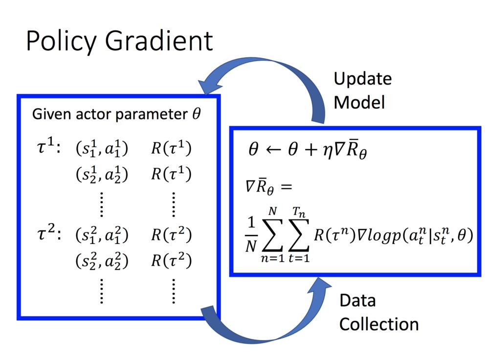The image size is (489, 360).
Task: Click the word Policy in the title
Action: (61, 41)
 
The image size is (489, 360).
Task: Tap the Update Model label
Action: (362, 90)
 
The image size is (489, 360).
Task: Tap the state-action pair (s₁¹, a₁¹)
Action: (102, 150)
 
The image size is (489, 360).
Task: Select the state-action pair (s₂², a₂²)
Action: (102, 261)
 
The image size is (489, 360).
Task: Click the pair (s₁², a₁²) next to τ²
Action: (102, 236)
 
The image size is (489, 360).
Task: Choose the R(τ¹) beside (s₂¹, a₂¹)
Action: (171, 175)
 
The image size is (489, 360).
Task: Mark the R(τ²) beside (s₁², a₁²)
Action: (171, 236)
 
